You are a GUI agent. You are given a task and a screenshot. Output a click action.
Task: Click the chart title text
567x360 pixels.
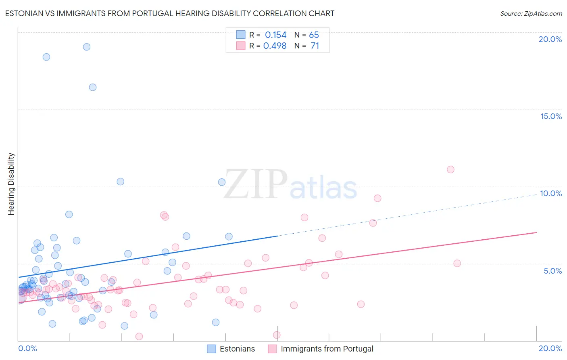169,13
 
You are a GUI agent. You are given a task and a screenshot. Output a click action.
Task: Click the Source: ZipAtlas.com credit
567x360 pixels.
531,13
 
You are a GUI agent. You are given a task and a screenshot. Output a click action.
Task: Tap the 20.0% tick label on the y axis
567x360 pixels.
550,39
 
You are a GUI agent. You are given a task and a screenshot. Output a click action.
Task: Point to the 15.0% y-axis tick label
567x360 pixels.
551,116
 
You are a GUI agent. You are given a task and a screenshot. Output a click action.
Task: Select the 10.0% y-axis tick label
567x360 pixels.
551,193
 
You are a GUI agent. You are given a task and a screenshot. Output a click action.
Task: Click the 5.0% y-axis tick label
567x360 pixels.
552,271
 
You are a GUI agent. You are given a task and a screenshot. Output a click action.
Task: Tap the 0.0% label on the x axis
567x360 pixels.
27,348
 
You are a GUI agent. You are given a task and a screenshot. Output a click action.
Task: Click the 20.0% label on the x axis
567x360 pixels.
550,348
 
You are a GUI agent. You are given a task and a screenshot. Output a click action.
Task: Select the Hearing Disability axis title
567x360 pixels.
11,184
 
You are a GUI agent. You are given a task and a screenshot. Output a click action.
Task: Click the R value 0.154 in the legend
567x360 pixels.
275,35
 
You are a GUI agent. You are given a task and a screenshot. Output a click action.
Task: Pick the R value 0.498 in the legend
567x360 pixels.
275,46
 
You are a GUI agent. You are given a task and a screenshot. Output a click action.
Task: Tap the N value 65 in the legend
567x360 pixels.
314,35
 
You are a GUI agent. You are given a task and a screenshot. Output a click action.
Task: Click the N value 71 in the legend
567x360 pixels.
315,46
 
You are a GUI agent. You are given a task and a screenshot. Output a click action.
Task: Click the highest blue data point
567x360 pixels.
87,47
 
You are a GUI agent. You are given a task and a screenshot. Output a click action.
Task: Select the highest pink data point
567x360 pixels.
450,170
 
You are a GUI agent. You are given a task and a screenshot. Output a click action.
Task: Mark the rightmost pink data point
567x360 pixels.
457,264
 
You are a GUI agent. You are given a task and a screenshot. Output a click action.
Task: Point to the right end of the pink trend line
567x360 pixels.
536,232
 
